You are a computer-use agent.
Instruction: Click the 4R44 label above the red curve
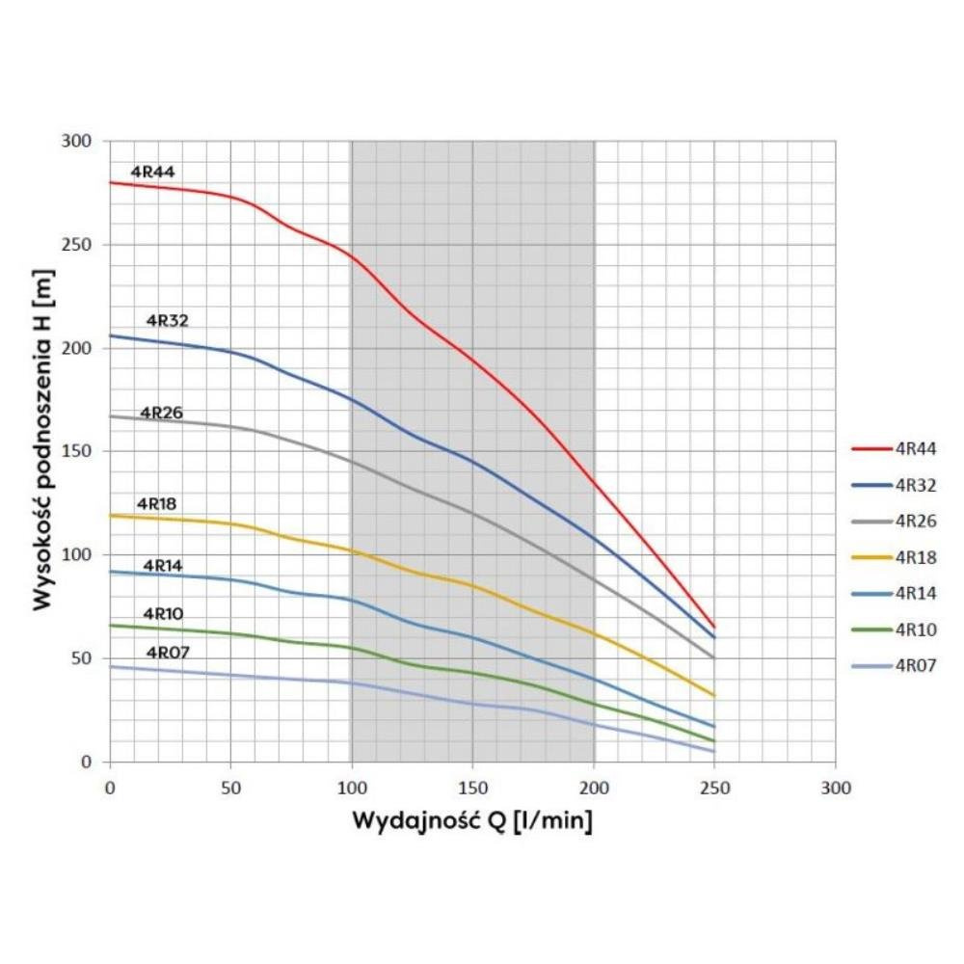152,173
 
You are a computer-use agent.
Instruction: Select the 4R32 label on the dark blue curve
168,320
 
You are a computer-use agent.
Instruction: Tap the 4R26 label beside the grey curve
162,413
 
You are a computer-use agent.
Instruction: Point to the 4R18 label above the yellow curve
156,503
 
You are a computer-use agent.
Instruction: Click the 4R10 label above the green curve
163,614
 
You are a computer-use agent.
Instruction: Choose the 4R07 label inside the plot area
168,653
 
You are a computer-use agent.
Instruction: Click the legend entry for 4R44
915,448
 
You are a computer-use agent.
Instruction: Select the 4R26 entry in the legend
915,521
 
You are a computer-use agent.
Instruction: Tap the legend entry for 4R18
915,556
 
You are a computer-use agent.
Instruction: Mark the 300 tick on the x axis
836,788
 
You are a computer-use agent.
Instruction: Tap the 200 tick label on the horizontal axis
594,788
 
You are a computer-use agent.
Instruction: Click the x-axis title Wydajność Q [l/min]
471,822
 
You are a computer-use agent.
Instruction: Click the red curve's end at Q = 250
714,627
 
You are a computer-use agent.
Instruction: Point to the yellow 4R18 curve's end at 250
714,695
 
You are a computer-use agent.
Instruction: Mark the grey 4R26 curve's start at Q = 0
111,415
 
